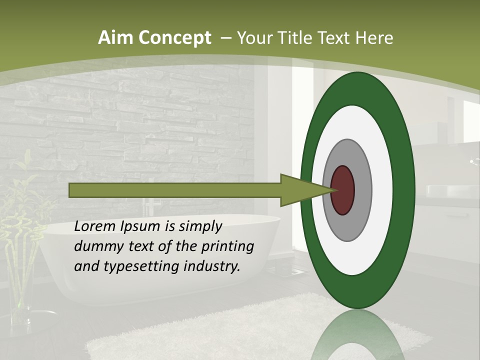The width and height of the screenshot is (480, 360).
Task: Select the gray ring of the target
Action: pyautogui.click(x=362, y=190)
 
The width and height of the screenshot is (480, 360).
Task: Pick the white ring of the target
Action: pyautogui.click(x=382, y=190)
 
